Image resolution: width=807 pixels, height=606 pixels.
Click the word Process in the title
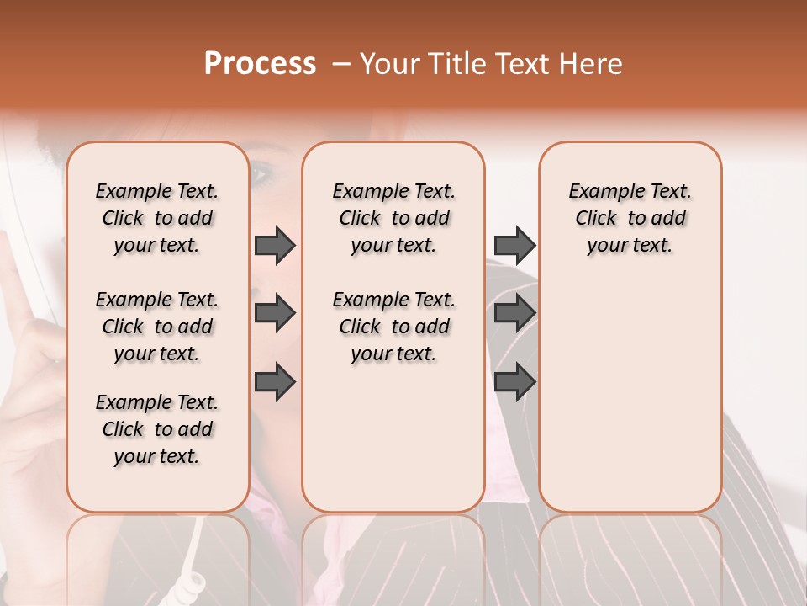coord(260,64)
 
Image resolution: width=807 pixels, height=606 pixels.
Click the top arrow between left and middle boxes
coord(275,246)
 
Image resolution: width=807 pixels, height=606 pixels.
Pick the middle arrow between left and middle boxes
coord(275,313)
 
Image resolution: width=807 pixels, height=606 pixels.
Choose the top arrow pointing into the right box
coord(514,246)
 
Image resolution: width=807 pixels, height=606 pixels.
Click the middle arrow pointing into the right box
coord(514,313)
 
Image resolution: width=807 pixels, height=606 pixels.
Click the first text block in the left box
coord(157,218)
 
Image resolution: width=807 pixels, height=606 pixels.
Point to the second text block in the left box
coord(157,327)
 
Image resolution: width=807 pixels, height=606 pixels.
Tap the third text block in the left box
coord(157,429)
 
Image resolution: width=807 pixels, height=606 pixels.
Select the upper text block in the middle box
coord(393,218)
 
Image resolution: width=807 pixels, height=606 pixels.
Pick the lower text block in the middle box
coord(393,327)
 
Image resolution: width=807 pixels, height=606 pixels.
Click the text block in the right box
coord(630,218)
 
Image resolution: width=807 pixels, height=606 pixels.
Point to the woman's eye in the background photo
coord(261,175)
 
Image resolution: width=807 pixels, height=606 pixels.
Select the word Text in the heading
coord(516,64)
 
